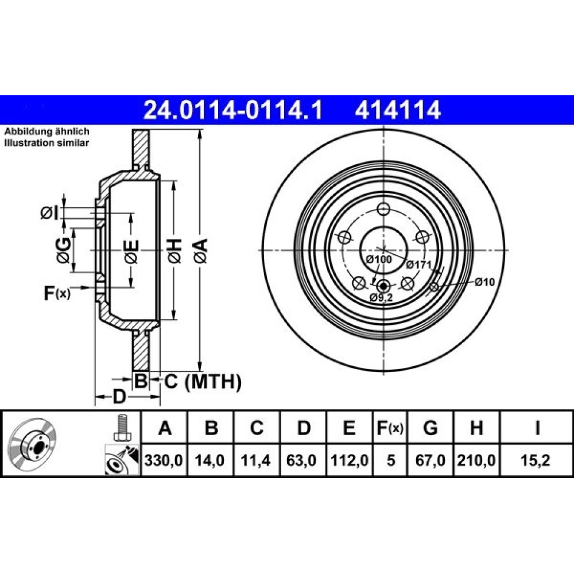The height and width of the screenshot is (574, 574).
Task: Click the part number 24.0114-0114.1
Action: click(233, 110)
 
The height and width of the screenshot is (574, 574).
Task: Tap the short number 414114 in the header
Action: click(398, 110)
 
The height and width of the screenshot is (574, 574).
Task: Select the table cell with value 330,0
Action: click(164, 460)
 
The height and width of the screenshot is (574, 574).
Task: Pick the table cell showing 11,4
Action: click(256, 460)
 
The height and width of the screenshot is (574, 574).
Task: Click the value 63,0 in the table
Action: click(302, 460)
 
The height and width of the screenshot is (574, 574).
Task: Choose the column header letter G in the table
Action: click(430, 428)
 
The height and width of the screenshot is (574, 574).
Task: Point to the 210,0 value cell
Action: click(476, 460)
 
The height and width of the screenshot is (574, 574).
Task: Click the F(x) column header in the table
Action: click(390, 428)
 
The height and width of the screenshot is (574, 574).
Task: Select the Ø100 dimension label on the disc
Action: click(379, 259)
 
